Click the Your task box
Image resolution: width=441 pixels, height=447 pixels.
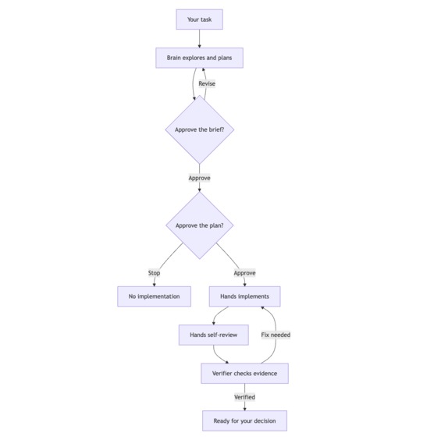click(x=199, y=20)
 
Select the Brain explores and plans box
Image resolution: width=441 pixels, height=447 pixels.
click(x=199, y=58)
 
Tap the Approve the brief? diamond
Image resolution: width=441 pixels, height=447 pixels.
click(x=200, y=129)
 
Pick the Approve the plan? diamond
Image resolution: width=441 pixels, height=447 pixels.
click(x=200, y=225)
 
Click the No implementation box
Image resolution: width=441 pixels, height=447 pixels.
click(x=154, y=296)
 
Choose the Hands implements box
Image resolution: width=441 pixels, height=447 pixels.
click(x=245, y=296)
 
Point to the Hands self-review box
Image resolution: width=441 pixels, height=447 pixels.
click(x=214, y=335)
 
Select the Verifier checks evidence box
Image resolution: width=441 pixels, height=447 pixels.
click(x=245, y=374)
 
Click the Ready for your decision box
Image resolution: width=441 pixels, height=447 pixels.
click(x=245, y=420)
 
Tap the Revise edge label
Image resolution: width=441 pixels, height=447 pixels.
click(x=207, y=83)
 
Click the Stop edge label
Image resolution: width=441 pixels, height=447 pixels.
click(x=154, y=273)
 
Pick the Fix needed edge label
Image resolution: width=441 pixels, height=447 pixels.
click(x=276, y=335)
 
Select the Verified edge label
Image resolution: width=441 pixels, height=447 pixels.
click(x=245, y=397)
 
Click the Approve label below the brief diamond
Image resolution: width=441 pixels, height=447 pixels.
click(x=199, y=178)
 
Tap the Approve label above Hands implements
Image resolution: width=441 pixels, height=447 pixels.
click(x=245, y=273)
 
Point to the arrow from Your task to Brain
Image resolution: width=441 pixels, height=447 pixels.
click(x=199, y=38)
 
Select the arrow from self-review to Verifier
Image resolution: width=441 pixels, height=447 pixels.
click(x=217, y=357)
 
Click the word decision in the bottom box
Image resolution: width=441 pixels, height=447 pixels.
click(x=265, y=420)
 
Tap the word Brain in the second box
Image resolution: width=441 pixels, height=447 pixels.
click(x=173, y=58)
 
